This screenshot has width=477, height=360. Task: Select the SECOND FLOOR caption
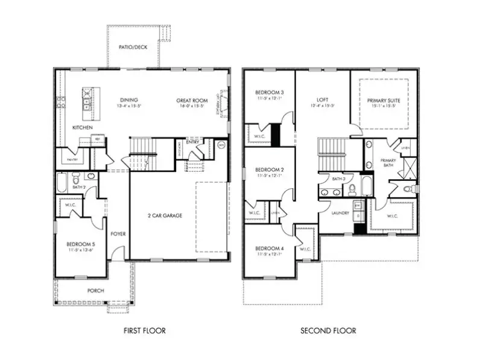tap(329, 330)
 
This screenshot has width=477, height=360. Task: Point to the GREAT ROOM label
tap(192, 100)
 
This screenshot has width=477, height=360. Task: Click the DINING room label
tap(129, 100)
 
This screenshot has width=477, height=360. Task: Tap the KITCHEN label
tap(82, 128)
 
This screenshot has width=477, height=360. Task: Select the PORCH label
tap(95, 291)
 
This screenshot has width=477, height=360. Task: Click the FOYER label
tap(118, 234)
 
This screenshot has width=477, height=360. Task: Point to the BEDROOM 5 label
tap(84, 244)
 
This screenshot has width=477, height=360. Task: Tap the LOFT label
tap(322, 100)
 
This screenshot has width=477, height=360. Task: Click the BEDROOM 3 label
tap(270, 92)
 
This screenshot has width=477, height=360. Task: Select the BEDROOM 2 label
tap(270, 169)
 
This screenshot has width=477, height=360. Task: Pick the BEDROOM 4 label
tap(270, 248)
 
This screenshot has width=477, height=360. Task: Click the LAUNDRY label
tap(340, 213)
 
